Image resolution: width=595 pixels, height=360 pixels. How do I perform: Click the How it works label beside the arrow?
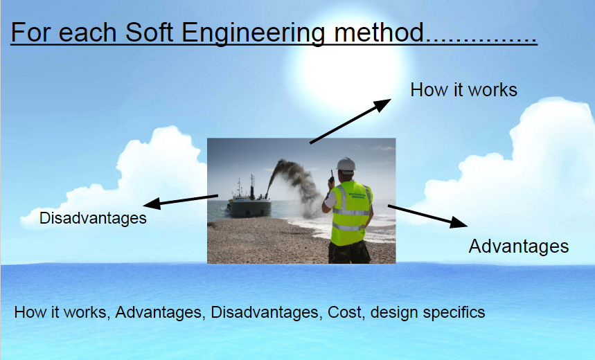pos(463,90)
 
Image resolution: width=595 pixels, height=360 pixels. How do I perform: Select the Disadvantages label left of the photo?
pos(93,218)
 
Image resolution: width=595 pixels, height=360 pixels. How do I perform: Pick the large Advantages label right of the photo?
pos(518,246)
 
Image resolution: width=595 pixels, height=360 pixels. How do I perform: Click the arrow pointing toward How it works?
pos(350,121)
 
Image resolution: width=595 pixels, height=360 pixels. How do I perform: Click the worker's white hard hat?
pos(346,164)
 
